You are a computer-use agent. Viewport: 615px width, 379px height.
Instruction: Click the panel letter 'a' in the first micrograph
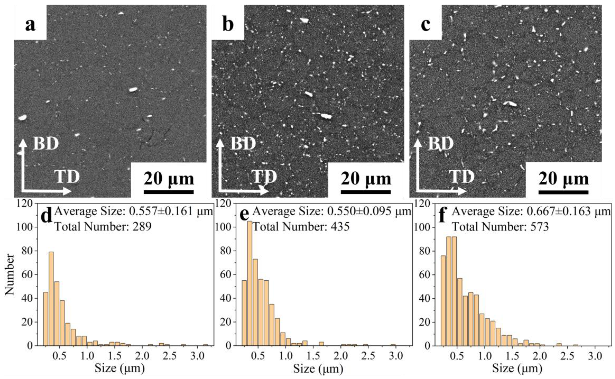[x=30, y=25]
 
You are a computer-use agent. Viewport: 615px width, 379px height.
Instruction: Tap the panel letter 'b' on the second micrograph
[x=228, y=25]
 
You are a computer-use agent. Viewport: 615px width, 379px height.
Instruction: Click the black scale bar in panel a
[x=168, y=192]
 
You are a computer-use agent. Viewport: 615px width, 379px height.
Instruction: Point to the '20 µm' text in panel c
[x=563, y=179]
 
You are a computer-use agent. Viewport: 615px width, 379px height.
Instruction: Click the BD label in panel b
[x=243, y=143]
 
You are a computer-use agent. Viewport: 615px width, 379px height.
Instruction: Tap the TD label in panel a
[x=67, y=177]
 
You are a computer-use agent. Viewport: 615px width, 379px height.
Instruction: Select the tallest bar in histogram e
[x=250, y=283]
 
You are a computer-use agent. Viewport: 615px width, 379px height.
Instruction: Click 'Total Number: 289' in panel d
[x=103, y=227]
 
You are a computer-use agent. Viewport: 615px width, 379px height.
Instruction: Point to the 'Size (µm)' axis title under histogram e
[x=318, y=368]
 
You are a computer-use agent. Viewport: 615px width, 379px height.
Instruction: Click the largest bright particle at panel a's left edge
[x=23, y=117]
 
